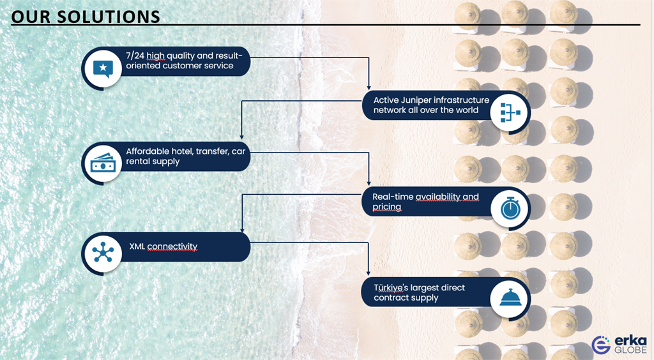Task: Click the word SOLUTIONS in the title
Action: [x=109, y=17]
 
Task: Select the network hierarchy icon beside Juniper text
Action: [x=510, y=112]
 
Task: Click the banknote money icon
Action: [x=103, y=163]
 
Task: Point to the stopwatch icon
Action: [x=510, y=208]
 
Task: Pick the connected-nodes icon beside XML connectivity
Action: [x=103, y=252]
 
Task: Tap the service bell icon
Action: [x=510, y=297]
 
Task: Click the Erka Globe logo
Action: [x=619, y=344]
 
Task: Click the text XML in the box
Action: [x=137, y=246]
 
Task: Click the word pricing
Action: [x=386, y=207]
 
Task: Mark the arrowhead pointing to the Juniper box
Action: [x=369, y=87]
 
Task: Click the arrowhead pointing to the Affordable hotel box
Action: [x=241, y=137]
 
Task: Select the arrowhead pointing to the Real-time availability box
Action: [x=369, y=183]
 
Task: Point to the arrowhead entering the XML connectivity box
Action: [x=242, y=230]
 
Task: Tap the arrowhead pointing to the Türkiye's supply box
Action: [x=369, y=273]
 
